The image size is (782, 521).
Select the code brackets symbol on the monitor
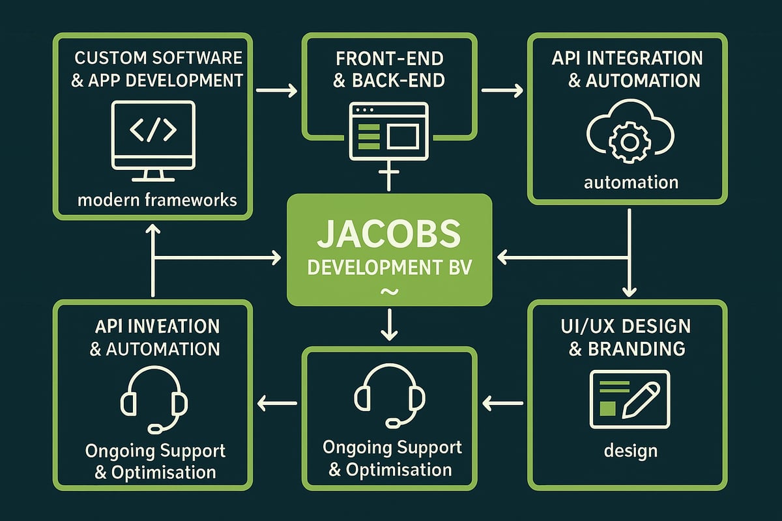tap(154, 131)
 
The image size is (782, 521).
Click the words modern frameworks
tap(157, 199)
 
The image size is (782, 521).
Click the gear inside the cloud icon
tap(629, 141)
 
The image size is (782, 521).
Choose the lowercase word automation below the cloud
tap(631, 182)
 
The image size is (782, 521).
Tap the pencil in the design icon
tap(641, 400)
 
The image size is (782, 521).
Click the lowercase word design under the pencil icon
tap(630, 450)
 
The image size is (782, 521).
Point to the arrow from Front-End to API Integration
tap(502, 89)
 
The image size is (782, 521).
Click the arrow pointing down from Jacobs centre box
tap(389, 326)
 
